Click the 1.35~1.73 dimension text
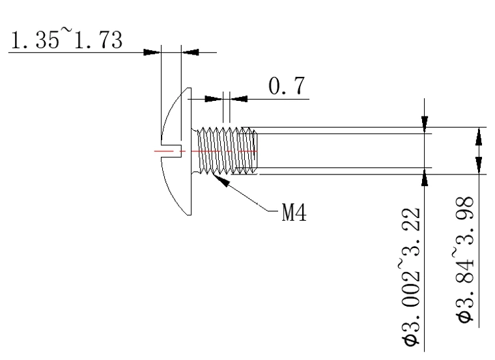click(66, 41)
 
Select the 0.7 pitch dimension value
click(287, 87)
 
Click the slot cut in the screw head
click(170, 152)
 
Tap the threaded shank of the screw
click(227, 151)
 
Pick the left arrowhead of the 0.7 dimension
click(214, 99)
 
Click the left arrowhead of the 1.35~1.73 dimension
click(152, 51)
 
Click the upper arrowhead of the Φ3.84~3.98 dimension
click(479, 136)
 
